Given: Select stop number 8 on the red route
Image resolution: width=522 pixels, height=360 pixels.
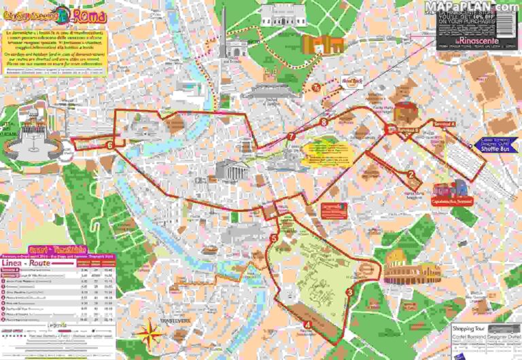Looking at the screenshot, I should pos(324,122).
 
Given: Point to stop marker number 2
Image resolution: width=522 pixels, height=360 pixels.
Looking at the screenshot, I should pos(411,174).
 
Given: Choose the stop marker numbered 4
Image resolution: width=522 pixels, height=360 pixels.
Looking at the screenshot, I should pos(308,325).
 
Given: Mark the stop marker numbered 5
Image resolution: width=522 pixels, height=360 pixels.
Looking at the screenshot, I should pos(273,238).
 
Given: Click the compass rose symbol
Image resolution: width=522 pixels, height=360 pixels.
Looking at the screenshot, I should pos(147,332).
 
